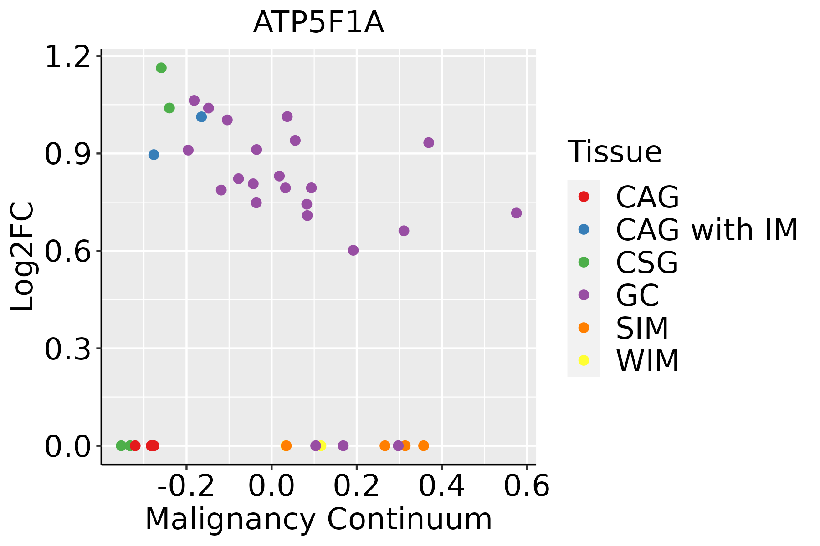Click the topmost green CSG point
tap(161, 68)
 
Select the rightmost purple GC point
tap(516, 213)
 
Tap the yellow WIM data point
tap(321, 445)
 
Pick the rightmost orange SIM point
tap(424, 445)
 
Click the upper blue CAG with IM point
tap(201, 117)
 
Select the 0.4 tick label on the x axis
tap(441, 486)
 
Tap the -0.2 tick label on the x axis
tap(186, 486)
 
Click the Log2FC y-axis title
tap(23, 257)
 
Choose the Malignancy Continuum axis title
tap(318, 519)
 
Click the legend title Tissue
tap(615, 152)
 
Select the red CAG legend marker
tap(584, 197)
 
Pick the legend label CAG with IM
tap(707, 230)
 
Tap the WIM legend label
tap(647, 361)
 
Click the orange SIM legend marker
tap(584, 328)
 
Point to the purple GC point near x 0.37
tap(429, 143)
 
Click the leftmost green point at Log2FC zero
tap(121, 445)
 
